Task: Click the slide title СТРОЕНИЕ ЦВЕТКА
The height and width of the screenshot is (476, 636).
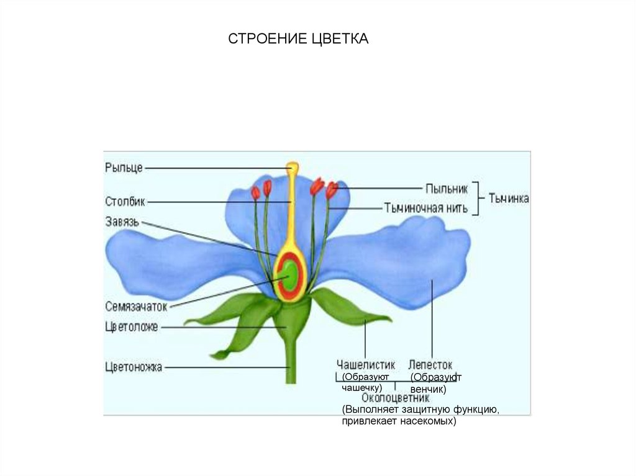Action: pos(298,40)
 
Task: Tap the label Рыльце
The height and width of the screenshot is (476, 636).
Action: pos(124,168)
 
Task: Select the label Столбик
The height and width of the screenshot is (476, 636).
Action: pos(125,201)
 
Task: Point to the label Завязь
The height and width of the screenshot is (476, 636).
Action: pos(122,221)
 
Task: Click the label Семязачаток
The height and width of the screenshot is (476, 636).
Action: pos(137,307)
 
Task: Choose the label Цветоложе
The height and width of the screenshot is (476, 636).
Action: pos(132,327)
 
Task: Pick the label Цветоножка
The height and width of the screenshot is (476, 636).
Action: pos(134,367)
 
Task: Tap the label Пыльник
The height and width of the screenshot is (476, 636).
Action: pos(447,188)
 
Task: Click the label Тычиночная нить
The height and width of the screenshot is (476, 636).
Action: pos(421,208)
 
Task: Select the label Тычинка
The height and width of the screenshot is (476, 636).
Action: pos(509,199)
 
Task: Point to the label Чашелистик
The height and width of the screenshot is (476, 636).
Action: pos(365,364)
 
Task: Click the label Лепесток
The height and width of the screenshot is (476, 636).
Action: pos(430,364)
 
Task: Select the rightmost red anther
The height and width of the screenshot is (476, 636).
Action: pos(332,190)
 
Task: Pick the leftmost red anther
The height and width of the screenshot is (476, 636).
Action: pos(255,192)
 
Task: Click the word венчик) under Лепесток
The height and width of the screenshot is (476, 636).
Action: pos(429,389)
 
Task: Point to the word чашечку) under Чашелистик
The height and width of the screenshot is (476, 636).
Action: pos(361,387)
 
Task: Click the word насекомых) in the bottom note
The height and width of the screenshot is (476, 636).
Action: pos(425,421)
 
